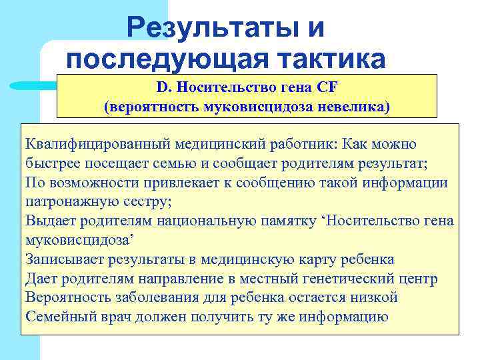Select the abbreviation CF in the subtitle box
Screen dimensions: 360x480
click(328, 88)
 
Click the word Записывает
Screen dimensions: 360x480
click(61, 259)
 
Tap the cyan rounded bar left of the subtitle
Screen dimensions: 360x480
click(33, 85)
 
